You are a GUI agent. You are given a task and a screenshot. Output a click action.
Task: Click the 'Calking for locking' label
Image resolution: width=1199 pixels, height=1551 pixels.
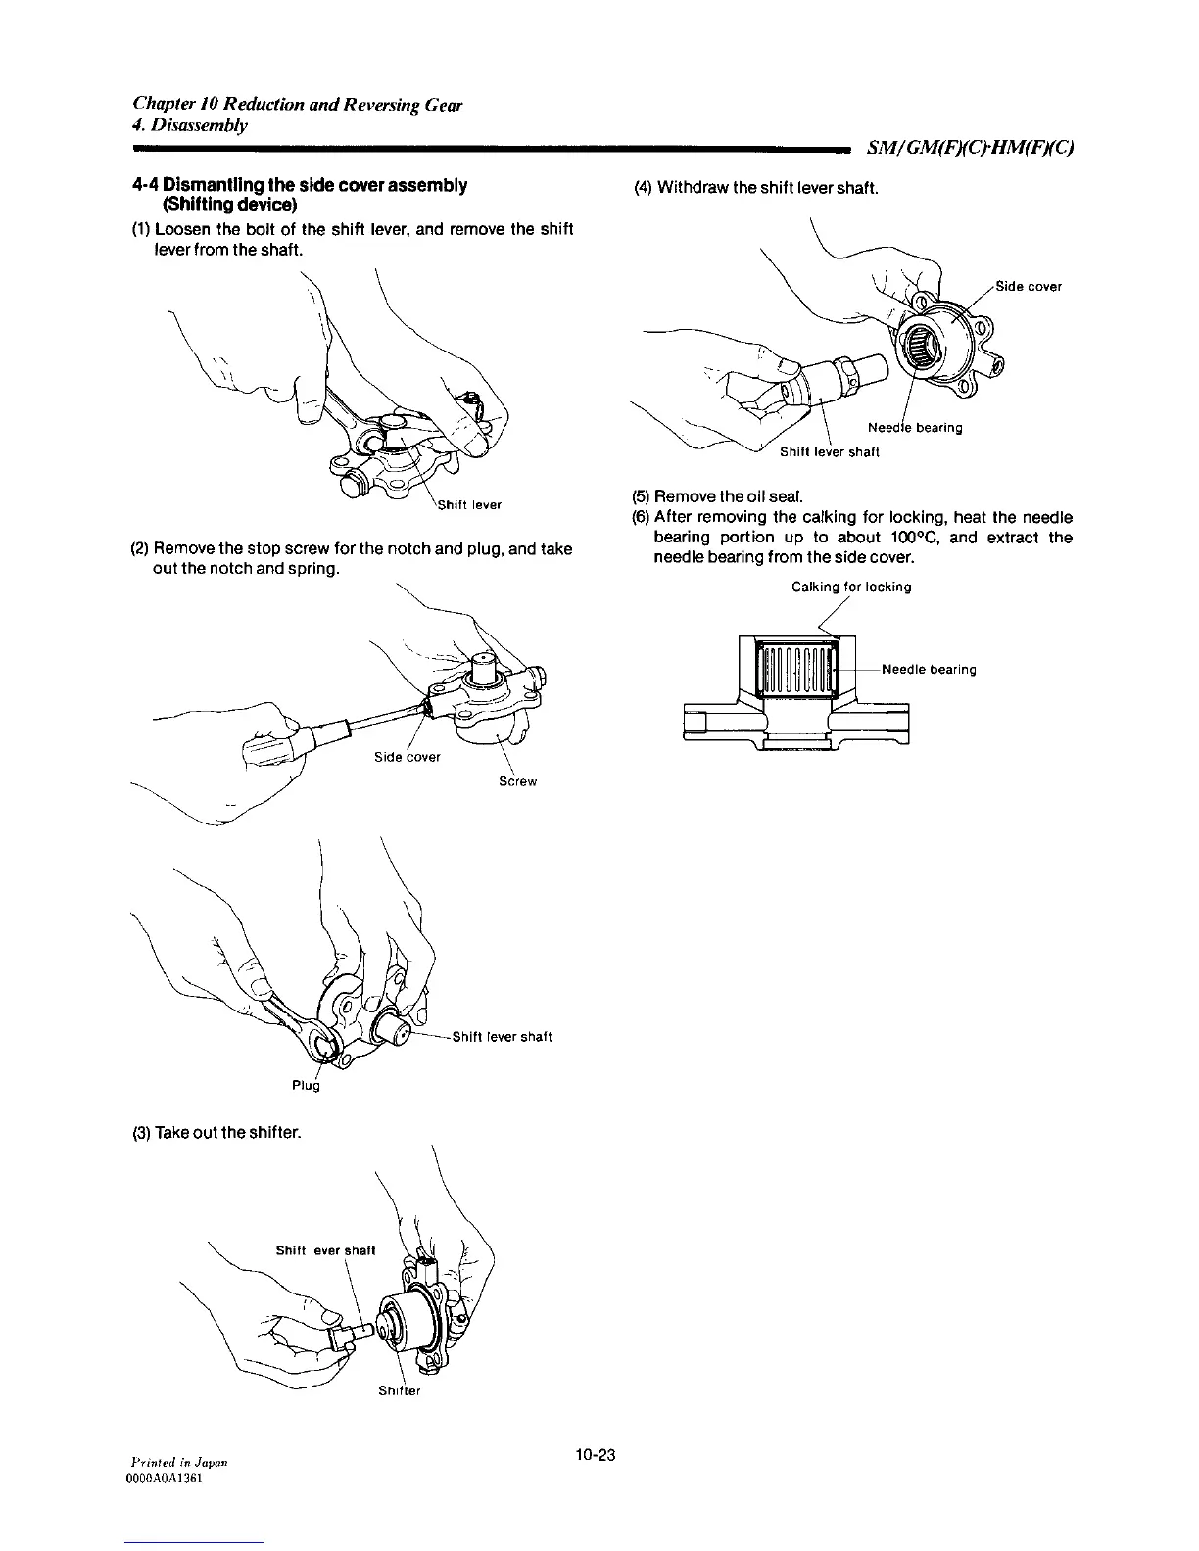[x=851, y=587]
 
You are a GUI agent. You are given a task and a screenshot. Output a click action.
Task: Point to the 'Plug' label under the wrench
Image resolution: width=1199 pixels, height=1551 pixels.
[x=307, y=1085]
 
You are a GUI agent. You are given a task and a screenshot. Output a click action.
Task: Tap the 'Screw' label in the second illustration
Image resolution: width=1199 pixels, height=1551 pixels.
[x=518, y=781]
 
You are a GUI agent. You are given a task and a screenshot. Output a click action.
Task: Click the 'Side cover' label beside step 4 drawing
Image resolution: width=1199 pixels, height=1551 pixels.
[x=1029, y=287]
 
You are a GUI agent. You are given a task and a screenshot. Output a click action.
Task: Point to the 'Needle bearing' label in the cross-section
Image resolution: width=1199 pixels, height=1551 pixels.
[x=929, y=670]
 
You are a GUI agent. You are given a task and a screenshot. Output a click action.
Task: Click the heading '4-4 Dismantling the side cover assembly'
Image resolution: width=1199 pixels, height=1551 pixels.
[x=299, y=185]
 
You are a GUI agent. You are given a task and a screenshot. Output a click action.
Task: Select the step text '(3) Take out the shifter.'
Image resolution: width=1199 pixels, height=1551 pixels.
[x=216, y=1133]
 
